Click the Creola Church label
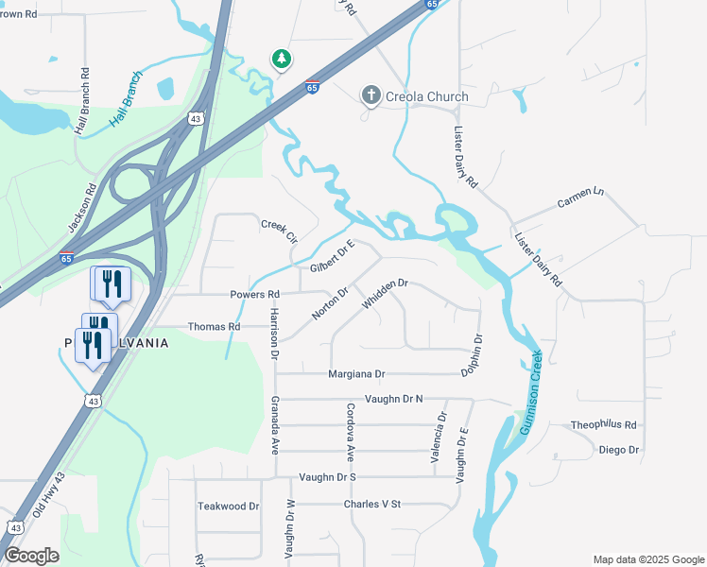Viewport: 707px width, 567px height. click(426, 96)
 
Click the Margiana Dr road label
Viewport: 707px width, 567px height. click(356, 374)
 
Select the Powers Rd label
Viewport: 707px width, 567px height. click(255, 294)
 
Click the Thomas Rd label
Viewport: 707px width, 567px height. click(214, 326)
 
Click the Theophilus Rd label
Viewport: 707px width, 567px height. click(604, 425)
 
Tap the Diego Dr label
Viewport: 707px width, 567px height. click(619, 450)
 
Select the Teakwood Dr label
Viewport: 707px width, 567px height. click(228, 507)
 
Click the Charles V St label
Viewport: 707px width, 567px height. click(372, 504)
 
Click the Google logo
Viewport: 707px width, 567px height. click(32, 556)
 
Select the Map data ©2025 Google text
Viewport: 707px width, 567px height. click(647, 559)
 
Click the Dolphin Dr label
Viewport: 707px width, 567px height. click(473, 355)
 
